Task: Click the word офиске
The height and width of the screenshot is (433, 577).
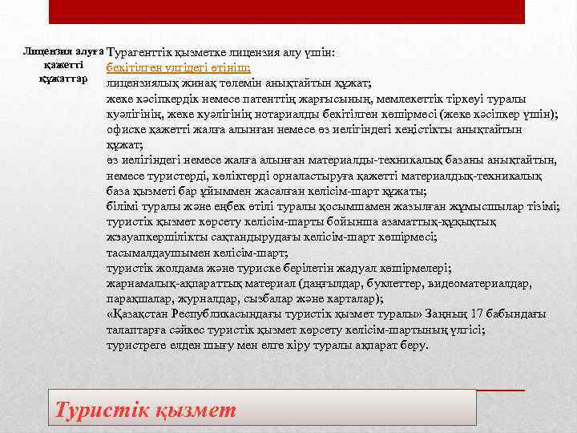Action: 124,130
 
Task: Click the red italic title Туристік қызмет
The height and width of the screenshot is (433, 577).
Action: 145,411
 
